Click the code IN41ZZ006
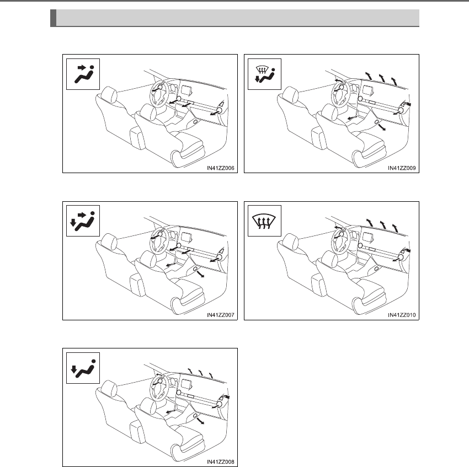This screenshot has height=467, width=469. click(221, 168)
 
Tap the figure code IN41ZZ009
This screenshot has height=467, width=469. click(402, 168)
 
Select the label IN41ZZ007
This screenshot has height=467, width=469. click(221, 315)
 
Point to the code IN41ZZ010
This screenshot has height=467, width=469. click(402, 315)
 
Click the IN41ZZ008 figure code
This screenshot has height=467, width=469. click(221, 462)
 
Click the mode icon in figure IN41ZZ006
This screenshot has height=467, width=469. click(84, 74)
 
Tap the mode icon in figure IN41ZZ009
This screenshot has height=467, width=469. click(265, 74)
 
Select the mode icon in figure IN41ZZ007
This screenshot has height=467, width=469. click(82, 222)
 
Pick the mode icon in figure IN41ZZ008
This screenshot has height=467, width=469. click(83, 369)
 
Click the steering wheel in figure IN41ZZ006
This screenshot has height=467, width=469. click(158, 94)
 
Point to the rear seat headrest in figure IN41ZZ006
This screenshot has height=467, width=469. click(109, 94)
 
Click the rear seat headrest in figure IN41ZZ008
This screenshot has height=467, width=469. click(109, 388)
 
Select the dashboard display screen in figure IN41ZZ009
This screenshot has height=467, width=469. click(368, 90)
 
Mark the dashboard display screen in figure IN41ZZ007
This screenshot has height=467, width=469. click(186, 238)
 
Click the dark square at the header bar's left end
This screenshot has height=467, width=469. click(53, 18)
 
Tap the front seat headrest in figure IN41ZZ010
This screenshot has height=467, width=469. click(329, 259)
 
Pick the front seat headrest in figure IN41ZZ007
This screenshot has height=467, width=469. click(148, 259)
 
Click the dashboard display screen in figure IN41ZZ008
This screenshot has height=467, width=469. click(186, 384)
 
